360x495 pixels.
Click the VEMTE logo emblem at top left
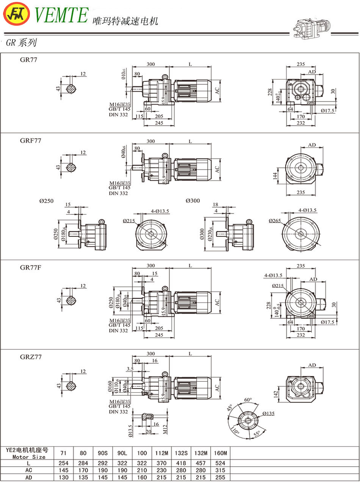16,14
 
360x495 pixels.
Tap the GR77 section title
29,59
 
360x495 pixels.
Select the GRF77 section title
31,141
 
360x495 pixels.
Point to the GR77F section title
31,267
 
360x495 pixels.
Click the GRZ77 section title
31,357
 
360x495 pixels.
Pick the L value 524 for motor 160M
220,463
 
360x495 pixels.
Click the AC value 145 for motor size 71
64,470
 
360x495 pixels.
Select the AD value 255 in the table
220,478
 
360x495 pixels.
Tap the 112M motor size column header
161,453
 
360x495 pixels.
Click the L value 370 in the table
161,463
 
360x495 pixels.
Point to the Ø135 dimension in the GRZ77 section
268,413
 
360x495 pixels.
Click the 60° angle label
248,400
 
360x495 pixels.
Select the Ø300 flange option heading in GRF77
193,201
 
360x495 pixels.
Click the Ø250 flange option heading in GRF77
47,201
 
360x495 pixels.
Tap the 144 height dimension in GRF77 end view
275,176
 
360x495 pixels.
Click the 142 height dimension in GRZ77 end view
276,394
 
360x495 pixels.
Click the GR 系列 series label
22,43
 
